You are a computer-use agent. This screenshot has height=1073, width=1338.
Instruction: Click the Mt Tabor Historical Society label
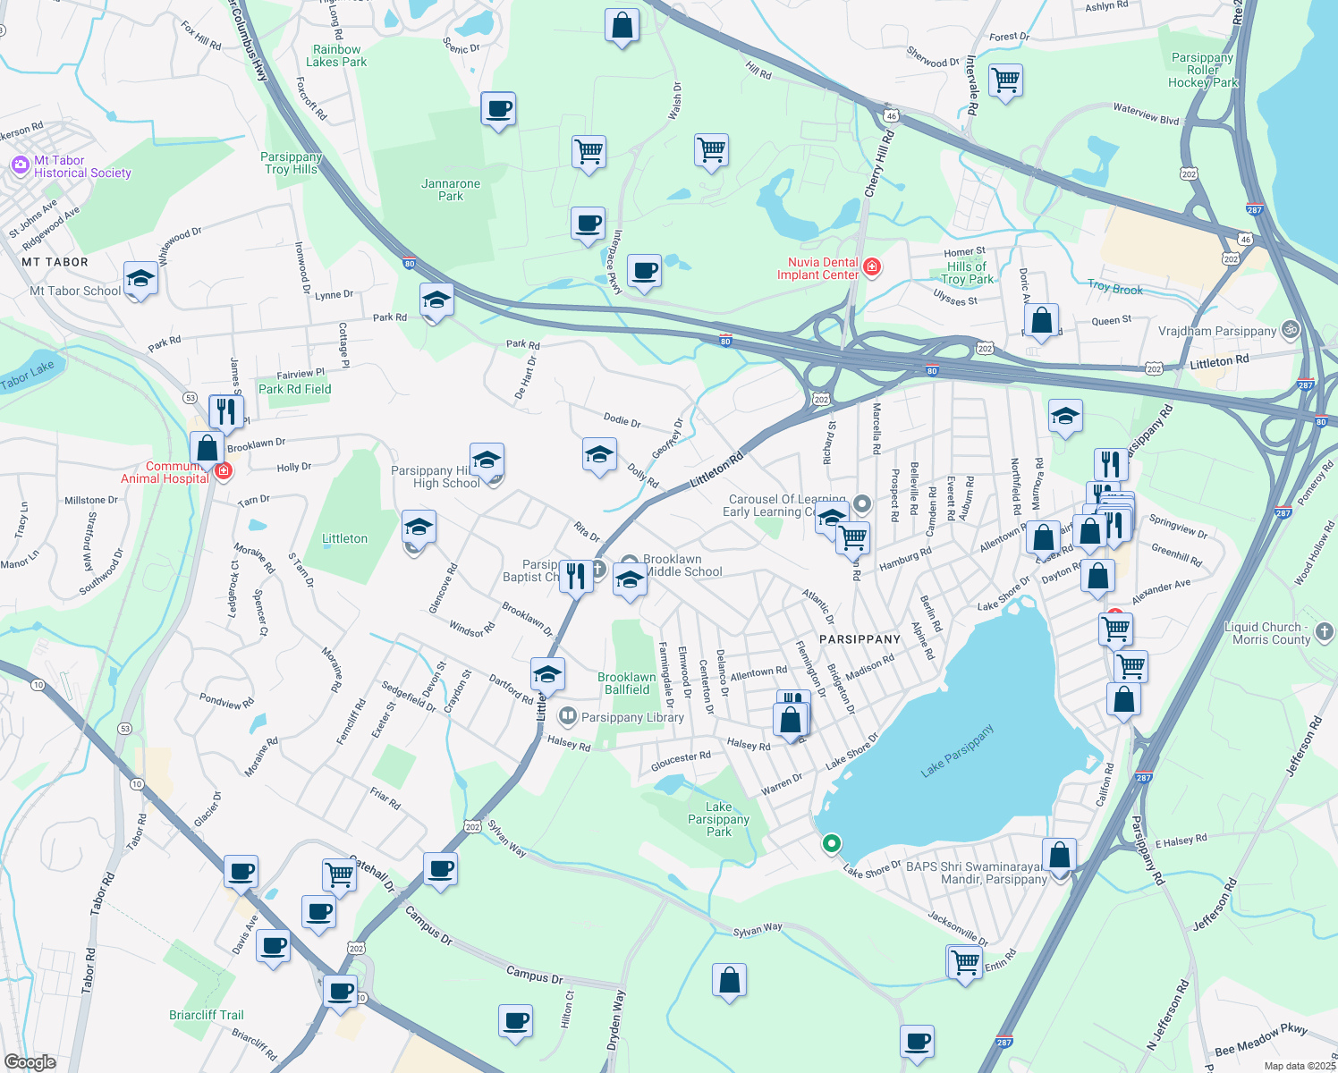pos(81,167)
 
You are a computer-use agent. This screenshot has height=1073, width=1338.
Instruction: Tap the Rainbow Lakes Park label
pos(336,56)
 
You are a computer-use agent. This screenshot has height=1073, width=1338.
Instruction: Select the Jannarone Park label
pos(451,190)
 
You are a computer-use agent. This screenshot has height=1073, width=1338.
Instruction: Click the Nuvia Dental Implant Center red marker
pos(872,267)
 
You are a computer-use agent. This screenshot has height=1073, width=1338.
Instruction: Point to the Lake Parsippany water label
pos(957,751)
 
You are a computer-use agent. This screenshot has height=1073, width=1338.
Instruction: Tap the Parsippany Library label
pos(631,717)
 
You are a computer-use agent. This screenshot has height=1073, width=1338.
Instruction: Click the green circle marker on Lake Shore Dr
pos(832,843)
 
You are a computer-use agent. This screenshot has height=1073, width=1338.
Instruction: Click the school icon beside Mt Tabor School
pos(140,280)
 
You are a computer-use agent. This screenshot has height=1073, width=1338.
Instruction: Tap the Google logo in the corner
pos(30,1062)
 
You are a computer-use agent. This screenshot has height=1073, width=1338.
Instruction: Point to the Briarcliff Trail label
pos(206,1015)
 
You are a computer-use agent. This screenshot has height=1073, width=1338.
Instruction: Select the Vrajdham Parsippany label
pos(1216,331)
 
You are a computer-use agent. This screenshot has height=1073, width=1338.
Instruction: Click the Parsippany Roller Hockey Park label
pos(1203,70)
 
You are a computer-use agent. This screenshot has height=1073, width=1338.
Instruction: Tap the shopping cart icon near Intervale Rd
pos(1005,80)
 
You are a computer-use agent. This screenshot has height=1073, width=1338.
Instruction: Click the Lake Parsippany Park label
pos(718,819)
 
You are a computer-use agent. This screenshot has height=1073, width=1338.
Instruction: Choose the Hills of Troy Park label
pos(967,273)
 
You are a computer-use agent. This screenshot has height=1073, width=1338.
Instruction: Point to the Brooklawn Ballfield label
pos(626,683)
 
